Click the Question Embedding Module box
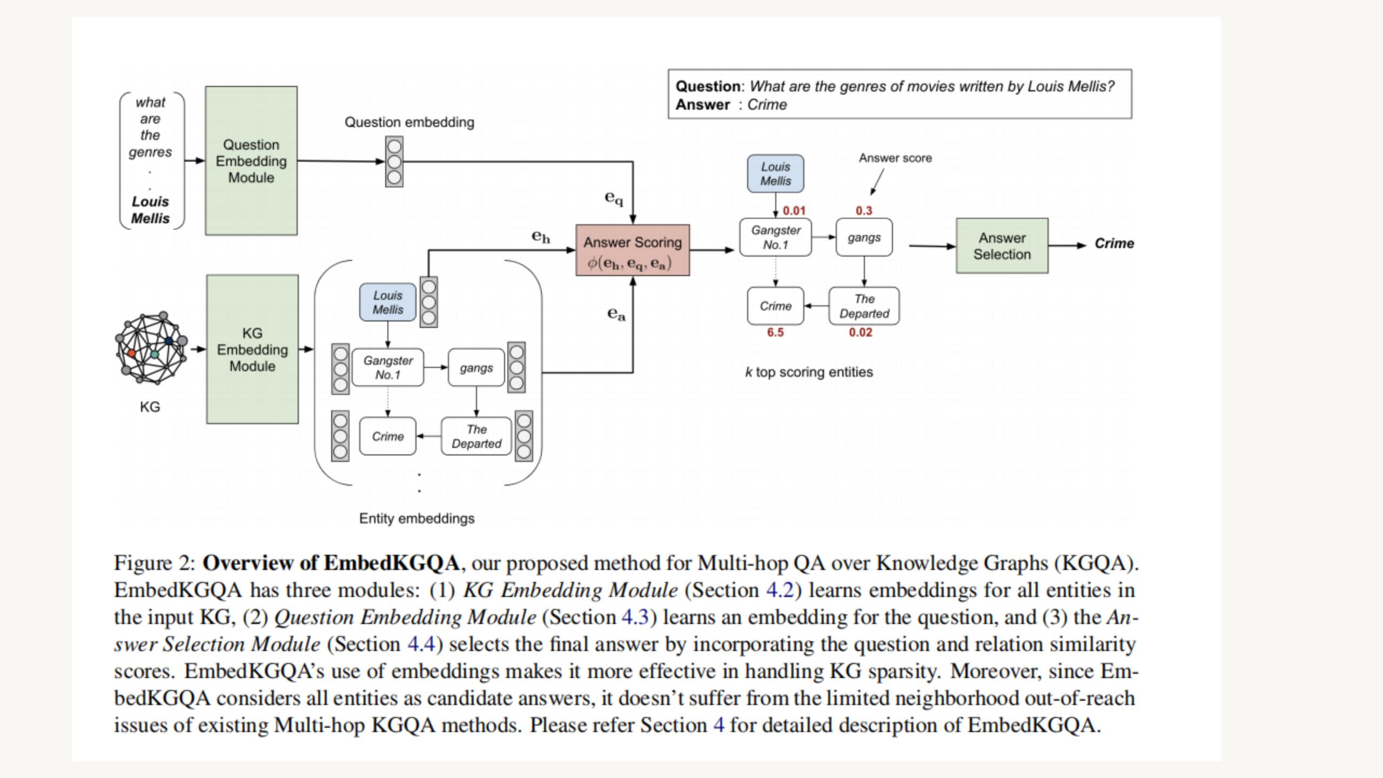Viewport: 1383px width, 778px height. [251, 160]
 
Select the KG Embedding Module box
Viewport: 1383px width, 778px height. [252, 349]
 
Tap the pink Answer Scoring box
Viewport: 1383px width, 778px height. [633, 251]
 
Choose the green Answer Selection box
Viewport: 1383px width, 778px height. [1002, 246]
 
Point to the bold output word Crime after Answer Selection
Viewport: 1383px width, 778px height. [1114, 244]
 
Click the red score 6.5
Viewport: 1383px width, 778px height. [775, 333]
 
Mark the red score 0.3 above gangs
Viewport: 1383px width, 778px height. [864, 211]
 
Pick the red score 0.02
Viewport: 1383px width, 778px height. [861, 333]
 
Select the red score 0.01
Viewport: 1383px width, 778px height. [794, 211]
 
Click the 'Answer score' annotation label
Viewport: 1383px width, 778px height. [895, 158]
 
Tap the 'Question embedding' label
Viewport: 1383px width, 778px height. [409, 123]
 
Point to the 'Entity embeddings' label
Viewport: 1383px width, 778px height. [417, 519]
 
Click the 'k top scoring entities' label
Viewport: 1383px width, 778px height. [809, 372]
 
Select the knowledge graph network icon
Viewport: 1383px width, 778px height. [151, 348]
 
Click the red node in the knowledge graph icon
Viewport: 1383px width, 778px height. [131, 353]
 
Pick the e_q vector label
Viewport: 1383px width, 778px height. [614, 198]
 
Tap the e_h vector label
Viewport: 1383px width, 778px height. [541, 237]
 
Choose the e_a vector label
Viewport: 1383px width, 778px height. [616, 314]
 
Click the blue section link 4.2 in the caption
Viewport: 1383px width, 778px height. [780, 590]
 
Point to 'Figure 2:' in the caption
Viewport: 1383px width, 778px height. [155, 564]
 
